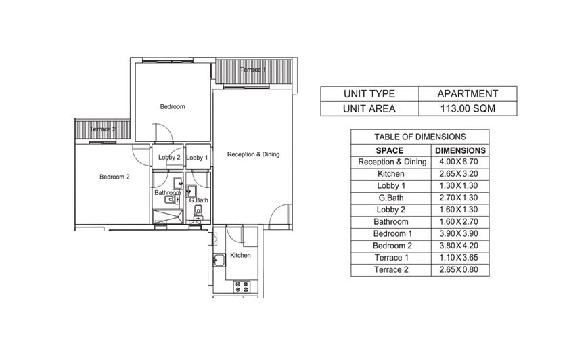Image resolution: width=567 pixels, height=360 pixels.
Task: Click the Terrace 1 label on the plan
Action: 253,70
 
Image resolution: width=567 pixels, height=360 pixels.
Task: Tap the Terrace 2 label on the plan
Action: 103,129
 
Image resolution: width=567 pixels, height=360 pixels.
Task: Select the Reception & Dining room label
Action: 253,154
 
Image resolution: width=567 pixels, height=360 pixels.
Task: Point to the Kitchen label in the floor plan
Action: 240,255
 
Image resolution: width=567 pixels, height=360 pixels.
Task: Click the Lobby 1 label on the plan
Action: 197,158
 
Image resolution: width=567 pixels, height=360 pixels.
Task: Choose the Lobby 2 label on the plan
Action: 169,158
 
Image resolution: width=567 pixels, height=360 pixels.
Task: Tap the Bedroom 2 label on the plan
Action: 114,177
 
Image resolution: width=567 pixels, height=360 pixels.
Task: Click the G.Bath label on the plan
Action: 199,200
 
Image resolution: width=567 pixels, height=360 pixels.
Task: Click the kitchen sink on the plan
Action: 219,260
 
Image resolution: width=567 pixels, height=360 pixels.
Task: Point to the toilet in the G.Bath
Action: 198,212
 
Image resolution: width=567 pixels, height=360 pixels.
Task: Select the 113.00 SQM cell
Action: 468,108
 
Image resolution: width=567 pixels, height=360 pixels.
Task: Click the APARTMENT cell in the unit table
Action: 468,93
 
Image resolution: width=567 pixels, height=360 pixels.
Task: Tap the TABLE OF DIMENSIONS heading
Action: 419,137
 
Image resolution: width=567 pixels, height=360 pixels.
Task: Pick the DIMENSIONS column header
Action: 460,150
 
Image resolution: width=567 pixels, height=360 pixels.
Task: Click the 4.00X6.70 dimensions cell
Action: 459,162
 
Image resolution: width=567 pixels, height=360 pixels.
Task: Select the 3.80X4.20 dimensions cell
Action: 459,246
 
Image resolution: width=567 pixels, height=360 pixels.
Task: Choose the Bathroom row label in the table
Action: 390,221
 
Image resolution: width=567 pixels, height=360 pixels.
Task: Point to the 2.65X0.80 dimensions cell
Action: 459,269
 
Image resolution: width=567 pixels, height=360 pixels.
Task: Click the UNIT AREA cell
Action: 369,108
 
